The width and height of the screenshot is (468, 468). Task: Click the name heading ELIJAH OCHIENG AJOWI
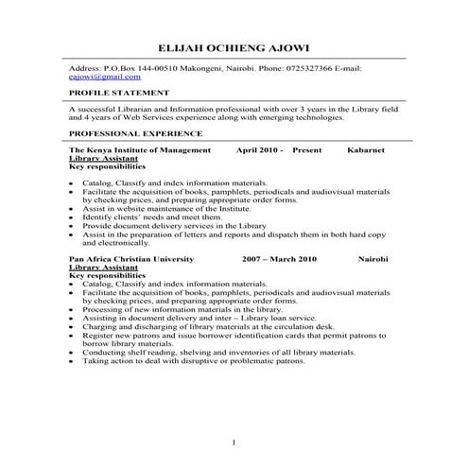(x=234, y=48)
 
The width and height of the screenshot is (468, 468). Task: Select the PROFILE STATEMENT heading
(x=119, y=94)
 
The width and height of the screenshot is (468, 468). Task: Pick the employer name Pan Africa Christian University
(x=132, y=258)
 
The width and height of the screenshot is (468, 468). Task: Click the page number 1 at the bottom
(x=234, y=442)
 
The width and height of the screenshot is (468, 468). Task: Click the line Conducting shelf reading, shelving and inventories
(x=205, y=352)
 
